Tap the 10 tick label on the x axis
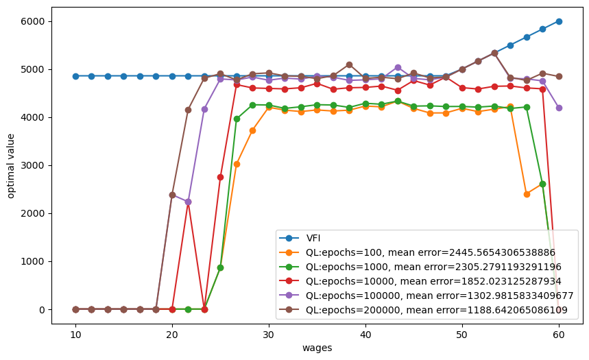pyautogui.click(x=75, y=335)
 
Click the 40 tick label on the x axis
pyautogui.click(x=365, y=335)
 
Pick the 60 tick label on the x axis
pyautogui.click(x=559, y=335)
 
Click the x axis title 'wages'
pyautogui.click(x=317, y=348)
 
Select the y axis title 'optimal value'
pyautogui.click(x=11, y=165)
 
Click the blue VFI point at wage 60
pyautogui.click(x=559, y=21)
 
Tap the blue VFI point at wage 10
pyautogui.click(x=75, y=76)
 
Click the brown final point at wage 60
pyautogui.click(x=559, y=76)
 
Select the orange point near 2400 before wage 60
pyautogui.click(x=527, y=194)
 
